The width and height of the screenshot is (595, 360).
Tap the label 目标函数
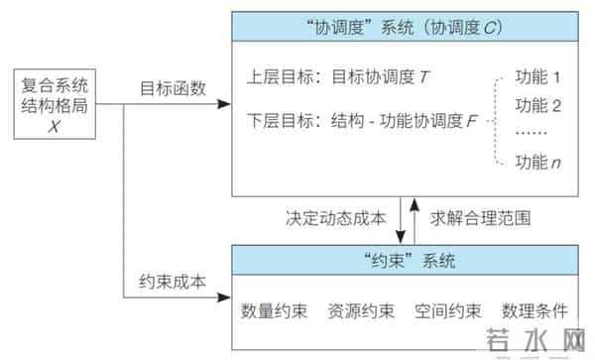click(172, 89)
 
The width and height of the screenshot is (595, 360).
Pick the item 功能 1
click(538, 76)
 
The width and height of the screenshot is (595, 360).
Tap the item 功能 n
click(538, 162)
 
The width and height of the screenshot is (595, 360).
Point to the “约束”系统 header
click(410, 261)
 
